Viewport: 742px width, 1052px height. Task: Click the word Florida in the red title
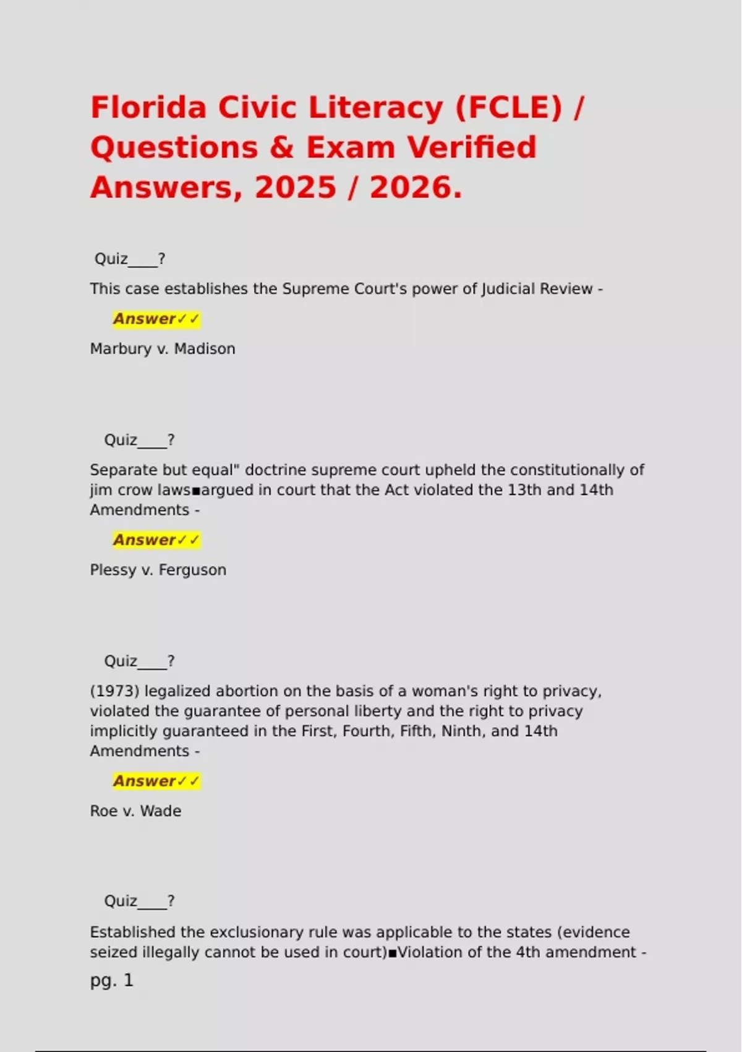[x=149, y=108]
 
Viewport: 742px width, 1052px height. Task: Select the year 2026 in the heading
[x=415, y=187]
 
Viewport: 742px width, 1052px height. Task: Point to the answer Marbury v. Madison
[x=163, y=349]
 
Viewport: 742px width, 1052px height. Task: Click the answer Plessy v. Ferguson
[x=158, y=570]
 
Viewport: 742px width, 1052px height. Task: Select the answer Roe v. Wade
[x=135, y=811]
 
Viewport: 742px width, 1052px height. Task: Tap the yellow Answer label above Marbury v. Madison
[x=156, y=319]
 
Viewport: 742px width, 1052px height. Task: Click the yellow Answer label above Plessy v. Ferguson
[x=156, y=540]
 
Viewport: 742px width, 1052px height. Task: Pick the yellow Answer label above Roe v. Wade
[x=156, y=782]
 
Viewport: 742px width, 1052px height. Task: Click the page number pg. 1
[x=112, y=980]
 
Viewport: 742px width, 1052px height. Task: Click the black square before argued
[x=196, y=491]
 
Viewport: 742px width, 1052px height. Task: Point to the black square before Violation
[x=392, y=953]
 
